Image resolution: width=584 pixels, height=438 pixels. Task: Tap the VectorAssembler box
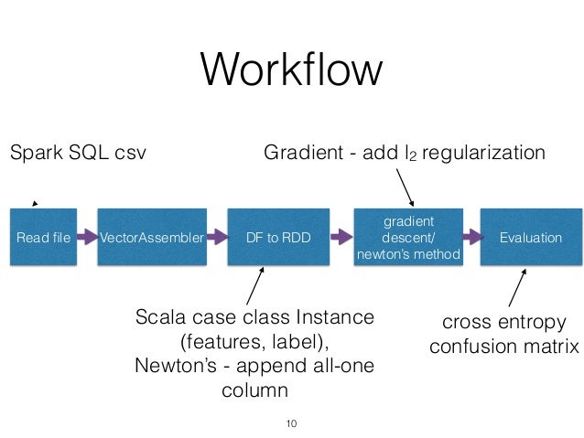(x=151, y=238)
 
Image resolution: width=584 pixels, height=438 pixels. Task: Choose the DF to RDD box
(x=278, y=238)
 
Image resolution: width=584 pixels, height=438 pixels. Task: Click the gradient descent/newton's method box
(x=407, y=238)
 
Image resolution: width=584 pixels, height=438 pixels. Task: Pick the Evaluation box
(x=531, y=238)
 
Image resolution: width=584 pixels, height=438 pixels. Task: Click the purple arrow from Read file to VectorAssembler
(x=87, y=238)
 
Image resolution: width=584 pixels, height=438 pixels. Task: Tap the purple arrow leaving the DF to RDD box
(x=339, y=238)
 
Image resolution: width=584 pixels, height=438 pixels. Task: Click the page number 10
(x=292, y=423)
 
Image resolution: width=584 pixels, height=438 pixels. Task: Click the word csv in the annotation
(x=129, y=152)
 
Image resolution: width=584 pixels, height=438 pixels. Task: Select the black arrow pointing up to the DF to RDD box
(x=255, y=285)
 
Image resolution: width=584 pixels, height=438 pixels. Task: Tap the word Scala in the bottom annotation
(x=159, y=317)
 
